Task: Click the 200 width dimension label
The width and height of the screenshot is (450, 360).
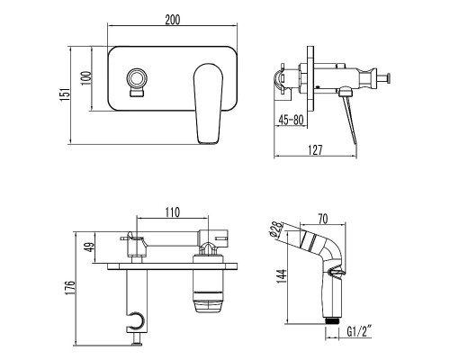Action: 173,20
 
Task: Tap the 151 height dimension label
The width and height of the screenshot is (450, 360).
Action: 65,94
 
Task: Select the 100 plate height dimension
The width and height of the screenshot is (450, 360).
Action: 86,78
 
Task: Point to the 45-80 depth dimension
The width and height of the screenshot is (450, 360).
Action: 291,120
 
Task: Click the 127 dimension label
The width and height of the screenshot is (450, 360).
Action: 315,150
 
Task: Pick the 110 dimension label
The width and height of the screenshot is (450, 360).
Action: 173,212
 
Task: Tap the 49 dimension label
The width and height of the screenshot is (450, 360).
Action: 90,247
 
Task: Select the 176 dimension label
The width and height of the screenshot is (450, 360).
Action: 71,288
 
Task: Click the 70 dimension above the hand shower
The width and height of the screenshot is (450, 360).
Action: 323,219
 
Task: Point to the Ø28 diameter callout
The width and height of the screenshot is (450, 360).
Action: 276,229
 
